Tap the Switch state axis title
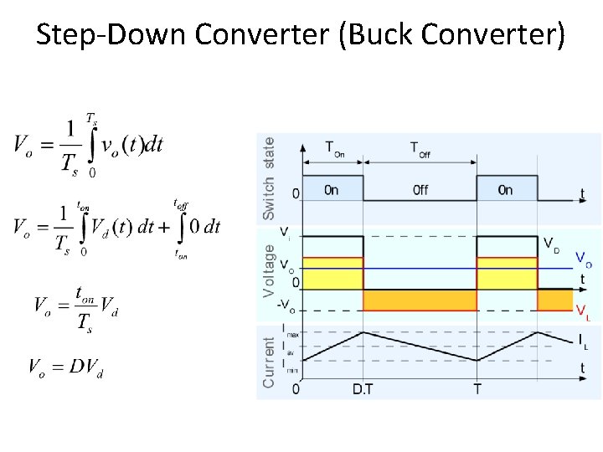tap(269, 178)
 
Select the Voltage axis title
tap(269, 270)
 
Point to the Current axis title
tap(269, 362)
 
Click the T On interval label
tap(334, 148)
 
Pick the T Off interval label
tap(420, 148)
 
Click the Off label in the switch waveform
tap(420, 190)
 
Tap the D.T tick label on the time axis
tap(363, 389)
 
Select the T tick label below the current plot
tap(477, 389)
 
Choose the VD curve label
tap(552, 244)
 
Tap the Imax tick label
tap(290, 331)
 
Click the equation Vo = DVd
tap(65, 367)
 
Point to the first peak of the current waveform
tap(363, 331)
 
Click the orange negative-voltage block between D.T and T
tap(420, 300)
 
